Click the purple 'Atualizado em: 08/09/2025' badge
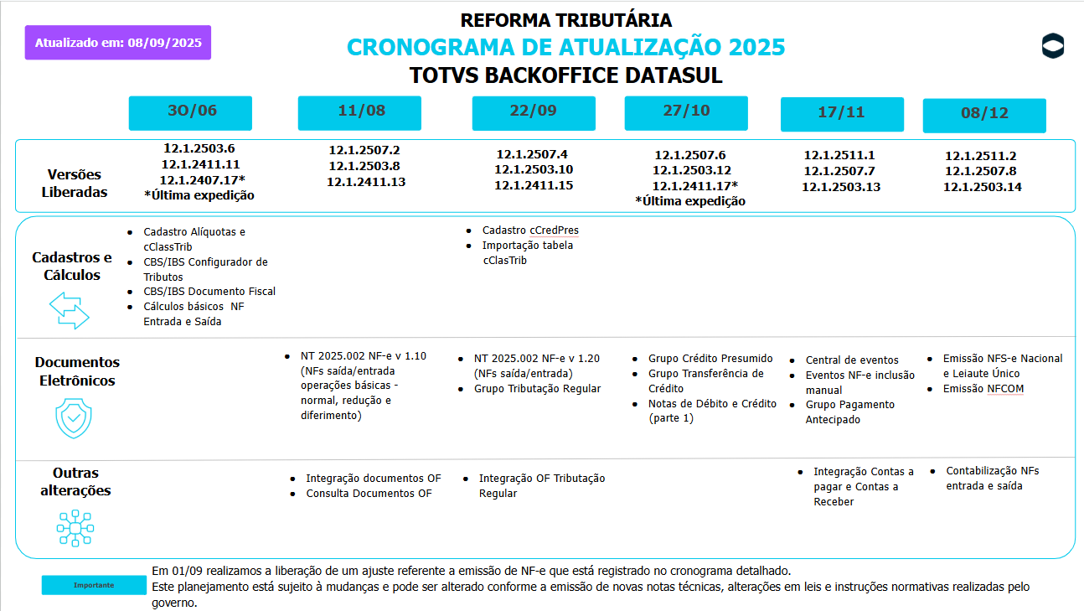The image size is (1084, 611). point(118,43)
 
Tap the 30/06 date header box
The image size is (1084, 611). point(190,112)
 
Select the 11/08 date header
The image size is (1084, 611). point(360,112)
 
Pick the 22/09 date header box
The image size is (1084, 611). point(534,112)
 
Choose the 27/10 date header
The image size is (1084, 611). point(686,112)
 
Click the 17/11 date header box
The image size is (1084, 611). point(842,114)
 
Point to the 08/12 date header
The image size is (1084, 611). point(984,115)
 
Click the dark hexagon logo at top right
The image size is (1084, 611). point(1052,47)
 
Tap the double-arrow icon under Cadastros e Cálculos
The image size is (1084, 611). point(69,310)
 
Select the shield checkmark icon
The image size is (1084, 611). point(74,417)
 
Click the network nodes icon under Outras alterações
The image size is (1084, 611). point(75,528)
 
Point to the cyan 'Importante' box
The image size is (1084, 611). point(93,585)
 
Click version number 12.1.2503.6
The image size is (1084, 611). point(199,148)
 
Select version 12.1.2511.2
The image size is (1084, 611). point(982,156)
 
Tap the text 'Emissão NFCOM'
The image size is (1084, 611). point(983,389)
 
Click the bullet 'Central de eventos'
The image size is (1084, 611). point(852,360)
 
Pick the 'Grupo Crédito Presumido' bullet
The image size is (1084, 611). point(710,359)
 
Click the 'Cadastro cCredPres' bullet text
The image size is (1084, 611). point(530,230)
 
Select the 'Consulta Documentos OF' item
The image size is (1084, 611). point(369,494)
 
